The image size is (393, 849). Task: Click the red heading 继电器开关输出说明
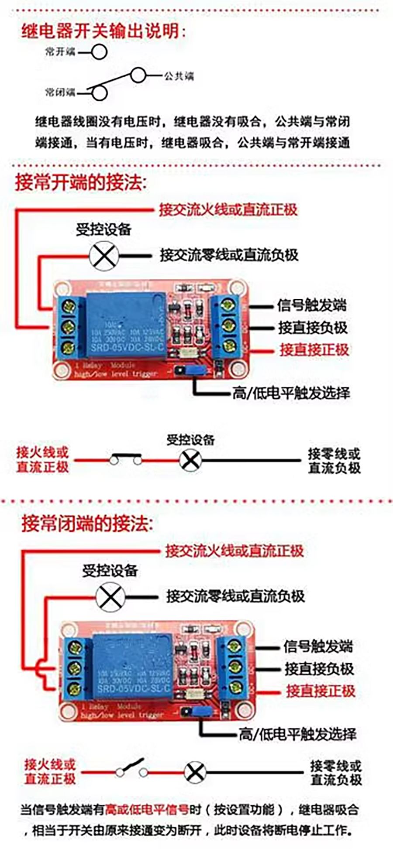[x=103, y=31]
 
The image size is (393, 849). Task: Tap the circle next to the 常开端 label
[x=99, y=52]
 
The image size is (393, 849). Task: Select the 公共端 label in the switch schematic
[x=179, y=76]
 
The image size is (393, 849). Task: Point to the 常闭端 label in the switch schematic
[x=60, y=92]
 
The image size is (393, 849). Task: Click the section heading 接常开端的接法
[x=81, y=182]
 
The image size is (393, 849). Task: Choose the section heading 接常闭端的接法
[x=87, y=524]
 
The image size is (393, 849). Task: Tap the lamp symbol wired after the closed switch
[x=191, y=460]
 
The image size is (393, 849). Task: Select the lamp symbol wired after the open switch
[x=195, y=773]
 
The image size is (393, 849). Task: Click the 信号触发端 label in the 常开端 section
[x=312, y=305]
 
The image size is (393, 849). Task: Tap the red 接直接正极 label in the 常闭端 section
[x=320, y=691]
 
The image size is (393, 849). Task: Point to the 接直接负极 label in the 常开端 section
[x=313, y=328]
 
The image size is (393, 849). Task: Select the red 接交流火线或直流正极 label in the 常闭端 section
[x=234, y=551]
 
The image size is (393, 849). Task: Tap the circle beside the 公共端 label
[x=138, y=75]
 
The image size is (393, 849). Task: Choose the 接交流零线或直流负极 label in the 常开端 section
[x=229, y=255]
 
